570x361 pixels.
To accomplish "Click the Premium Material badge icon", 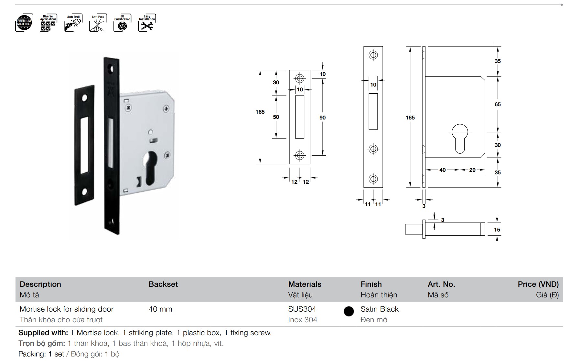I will tap(24, 23).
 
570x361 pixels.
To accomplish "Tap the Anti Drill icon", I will tap(73, 23).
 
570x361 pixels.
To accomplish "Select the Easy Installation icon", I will tap(147, 23).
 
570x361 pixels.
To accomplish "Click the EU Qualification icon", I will tap(122, 23).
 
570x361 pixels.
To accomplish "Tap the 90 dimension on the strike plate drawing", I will tap(322, 118).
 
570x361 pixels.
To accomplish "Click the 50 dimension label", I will tap(276, 117).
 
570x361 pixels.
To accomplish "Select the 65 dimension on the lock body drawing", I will tap(497, 104).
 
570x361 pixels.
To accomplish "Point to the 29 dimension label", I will tap(472, 170).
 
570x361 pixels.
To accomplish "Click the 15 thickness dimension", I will tap(497, 230).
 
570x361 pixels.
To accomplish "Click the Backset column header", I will tap(163, 284).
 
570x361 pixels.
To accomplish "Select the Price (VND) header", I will tap(538, 284).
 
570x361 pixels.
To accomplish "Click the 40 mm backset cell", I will tap(160, 309).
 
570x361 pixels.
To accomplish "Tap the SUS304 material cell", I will tap(302, 309).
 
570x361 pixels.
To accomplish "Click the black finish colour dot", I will tap(349, 311).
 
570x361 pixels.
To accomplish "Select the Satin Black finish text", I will tap(380, 309).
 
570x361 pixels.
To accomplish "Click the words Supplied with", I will tap(43, 333).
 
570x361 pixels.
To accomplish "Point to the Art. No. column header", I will tap(441, 284).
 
